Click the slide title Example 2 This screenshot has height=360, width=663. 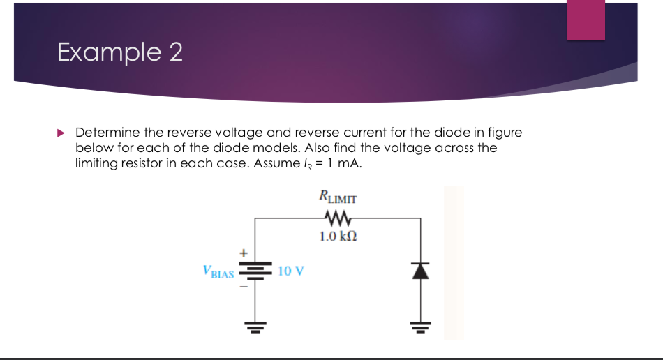click(120, 52)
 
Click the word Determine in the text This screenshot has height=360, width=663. click(107, 132)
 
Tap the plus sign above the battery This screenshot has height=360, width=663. click(244, 252)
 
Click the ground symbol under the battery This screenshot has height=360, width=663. click(254, 327)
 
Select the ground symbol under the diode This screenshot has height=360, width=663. click(421, 327)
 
